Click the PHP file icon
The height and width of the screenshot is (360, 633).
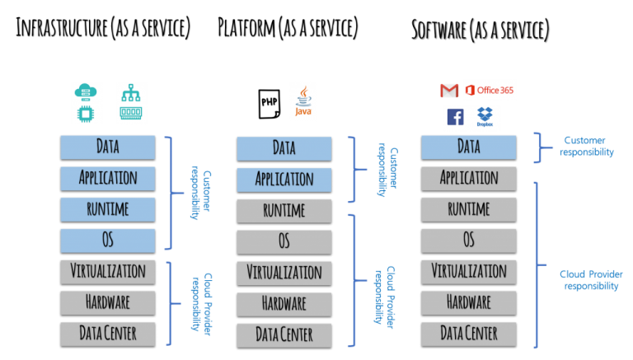coord(270,104)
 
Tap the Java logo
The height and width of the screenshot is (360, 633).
coord(303,101)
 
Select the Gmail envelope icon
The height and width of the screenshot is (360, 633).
coord(449,91)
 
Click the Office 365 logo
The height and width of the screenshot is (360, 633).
coord(490,90)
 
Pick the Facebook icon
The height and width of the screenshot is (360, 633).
coord(455,117)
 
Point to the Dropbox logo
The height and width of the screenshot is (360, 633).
coord(485,117)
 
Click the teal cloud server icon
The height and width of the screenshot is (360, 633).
coord(86,92)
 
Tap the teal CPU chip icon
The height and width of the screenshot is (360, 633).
coord(86,114)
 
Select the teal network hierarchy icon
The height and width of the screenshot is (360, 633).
coord(131,92)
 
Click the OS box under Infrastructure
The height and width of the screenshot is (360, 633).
coord(108,241)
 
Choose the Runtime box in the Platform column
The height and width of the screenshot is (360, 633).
coord(284,211)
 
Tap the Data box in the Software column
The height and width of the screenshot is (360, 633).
coord(469,147)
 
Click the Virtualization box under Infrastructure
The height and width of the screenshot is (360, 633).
coord(108,272)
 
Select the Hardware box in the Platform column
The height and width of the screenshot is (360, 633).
coord(284,304)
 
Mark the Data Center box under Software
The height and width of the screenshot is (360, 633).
coord(469,334)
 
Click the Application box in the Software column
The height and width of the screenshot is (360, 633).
coord(469,179)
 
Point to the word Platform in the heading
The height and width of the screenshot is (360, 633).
coord(246,28)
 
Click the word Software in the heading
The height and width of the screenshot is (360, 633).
coord(438,30)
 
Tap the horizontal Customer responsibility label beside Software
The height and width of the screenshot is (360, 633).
coord(587,146)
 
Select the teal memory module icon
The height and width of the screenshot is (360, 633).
coord(131,113)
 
